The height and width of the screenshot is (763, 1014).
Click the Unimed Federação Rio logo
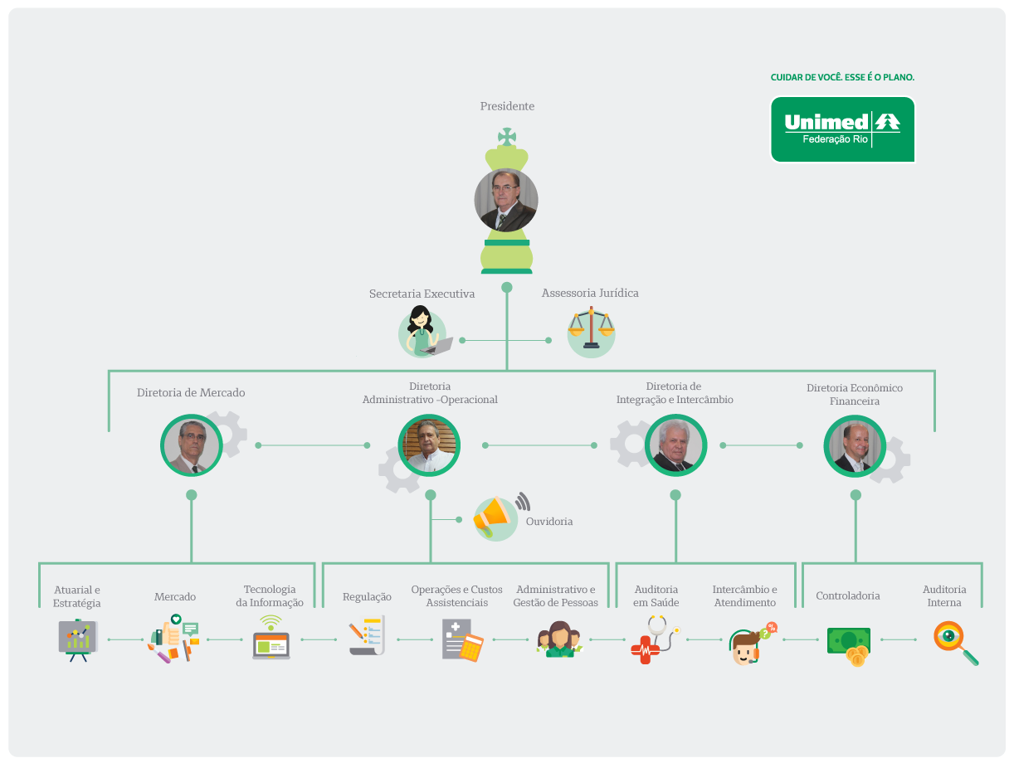(842, 129)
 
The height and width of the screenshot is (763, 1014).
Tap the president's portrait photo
(506, 201)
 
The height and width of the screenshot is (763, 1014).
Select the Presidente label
(507, 106)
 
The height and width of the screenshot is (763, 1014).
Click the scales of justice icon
(591, 329)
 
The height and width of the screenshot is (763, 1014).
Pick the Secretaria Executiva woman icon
(424, 332)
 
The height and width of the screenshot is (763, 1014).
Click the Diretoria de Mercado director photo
(192, 445)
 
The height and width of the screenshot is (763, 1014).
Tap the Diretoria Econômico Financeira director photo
(855, 445)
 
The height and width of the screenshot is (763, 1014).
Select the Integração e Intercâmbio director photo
(675, 445)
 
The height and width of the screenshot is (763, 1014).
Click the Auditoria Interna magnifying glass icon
(954, 642)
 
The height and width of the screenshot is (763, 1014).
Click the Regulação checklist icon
(366, 636)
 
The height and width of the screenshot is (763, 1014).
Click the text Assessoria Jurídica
(590, 293)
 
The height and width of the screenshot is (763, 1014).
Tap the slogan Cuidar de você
(842, 77)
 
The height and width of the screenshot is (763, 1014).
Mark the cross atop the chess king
(506, 137)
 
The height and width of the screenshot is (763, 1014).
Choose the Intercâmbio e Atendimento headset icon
(748, 644)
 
